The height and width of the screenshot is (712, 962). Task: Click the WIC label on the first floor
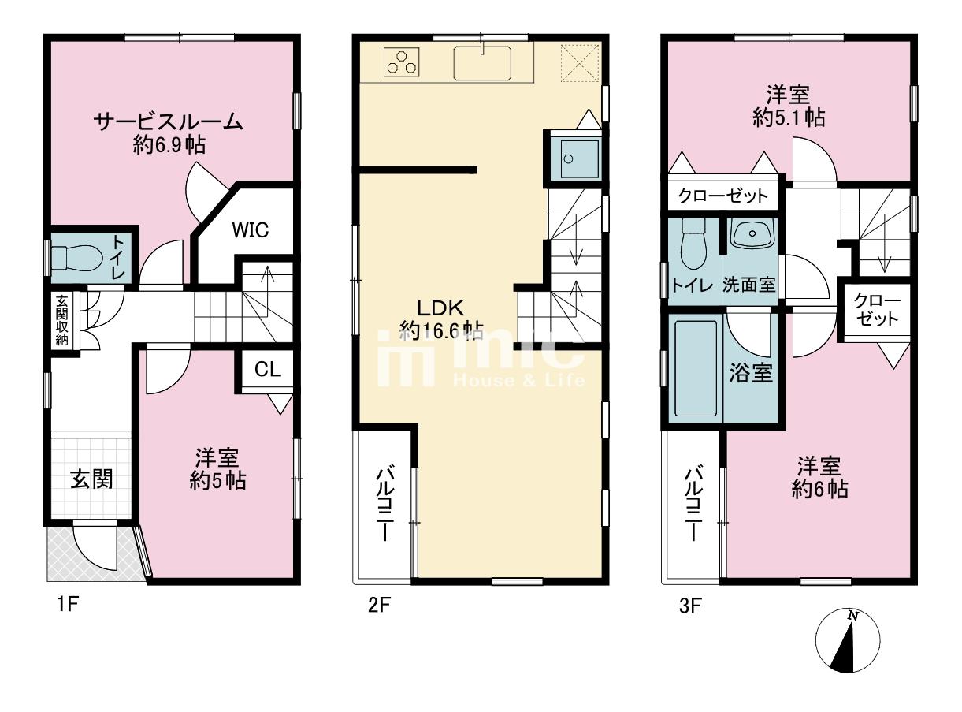coord(251,229)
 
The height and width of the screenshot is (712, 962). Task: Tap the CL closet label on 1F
coord(268,370)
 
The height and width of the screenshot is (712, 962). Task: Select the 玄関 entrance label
coord(91,479)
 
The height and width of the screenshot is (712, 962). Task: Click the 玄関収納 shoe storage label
coord(62,321)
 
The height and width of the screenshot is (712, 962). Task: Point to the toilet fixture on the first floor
coord(76,259)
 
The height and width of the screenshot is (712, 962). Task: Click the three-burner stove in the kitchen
coord(401,62)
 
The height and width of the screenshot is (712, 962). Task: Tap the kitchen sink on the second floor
coord(482,63)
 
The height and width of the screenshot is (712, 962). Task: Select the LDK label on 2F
coord(440,308)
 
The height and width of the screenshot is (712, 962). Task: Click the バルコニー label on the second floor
coord(384,504)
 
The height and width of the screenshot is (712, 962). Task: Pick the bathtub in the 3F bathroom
coord(696,369)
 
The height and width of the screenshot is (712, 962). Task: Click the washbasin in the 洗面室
coord(752,234)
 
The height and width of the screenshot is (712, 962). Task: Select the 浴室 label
coord(751,372)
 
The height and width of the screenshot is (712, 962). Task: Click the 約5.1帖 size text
coord(789,117)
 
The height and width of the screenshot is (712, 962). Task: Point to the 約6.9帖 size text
coord(169,144)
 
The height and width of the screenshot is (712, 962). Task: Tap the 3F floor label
coord(690,606)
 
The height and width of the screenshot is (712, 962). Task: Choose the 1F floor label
coord(67,604)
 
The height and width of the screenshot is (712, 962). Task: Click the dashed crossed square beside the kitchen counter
coord(581,63)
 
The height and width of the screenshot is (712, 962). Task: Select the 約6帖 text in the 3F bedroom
coord(819,490)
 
